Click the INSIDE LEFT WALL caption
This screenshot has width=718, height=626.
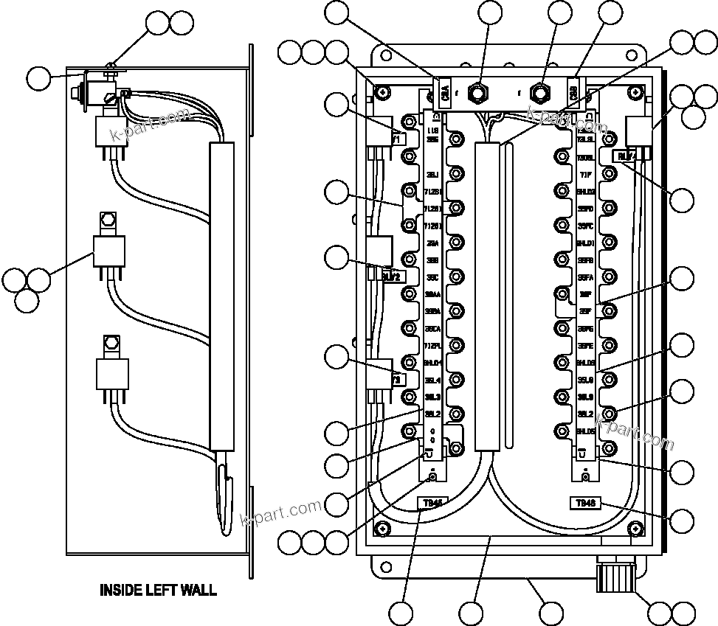pyautogui.click(x=158, y=590)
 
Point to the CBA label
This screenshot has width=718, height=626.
pyautogui.click(x=444, y=91)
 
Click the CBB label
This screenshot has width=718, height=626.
pyautogui.click(x=574, y=91)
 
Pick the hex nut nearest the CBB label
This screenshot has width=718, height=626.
pyautogui.click(x=542, y=91)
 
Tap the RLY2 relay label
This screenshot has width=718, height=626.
pyautogui.click(x=391, y=277)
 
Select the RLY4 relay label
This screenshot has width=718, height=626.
pyautogui.click(x=626, y=156)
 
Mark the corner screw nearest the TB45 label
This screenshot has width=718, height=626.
pyautogui.click(x=383, y=528)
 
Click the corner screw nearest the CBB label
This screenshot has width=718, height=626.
pyautogui.click(x=635, y=92)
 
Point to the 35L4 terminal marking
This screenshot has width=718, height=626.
pyautogui.click(x=432, y=380)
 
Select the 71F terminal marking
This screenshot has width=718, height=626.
pyautogui.click(x=586, y=175)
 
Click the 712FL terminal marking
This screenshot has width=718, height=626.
pyautogui.click(x=432, y=346)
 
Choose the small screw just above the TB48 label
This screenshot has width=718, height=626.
pyautogui.click(x=585, y=477)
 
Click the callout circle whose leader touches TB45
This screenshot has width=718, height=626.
pyautogui.click(x=402, y=613)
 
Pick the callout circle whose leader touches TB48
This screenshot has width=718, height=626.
pyautogui.click(x=682, y=521)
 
